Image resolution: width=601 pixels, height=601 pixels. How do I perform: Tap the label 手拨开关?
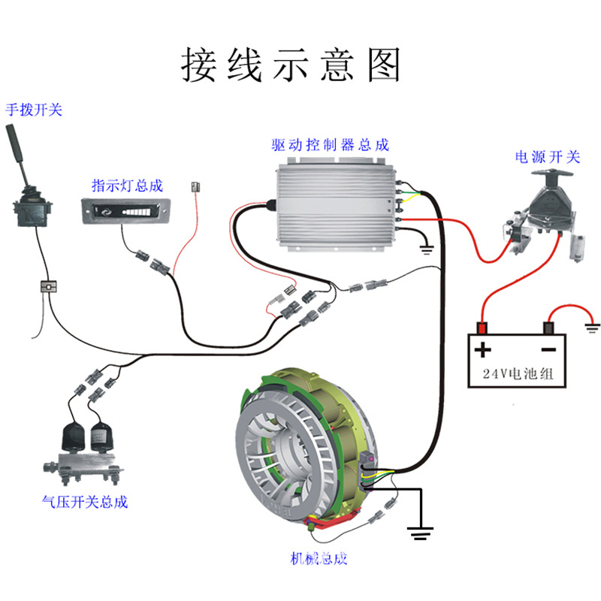pos(34,110)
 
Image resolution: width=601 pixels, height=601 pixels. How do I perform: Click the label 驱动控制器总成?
pos(331,144)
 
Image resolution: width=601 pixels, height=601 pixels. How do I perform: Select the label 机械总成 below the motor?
pos(319,558)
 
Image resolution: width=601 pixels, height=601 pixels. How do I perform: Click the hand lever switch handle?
pos(17,150)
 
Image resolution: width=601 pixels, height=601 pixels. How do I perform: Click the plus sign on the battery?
pos(482,349)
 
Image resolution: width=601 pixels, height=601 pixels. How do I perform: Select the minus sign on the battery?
pos(549,349)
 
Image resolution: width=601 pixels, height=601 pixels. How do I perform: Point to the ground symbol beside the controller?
pos(427,249)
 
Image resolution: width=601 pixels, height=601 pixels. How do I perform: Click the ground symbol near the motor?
pos(421,532)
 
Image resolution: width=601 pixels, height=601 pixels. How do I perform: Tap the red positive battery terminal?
pos(481,328)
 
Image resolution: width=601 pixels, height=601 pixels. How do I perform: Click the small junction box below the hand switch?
pos(48,286)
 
